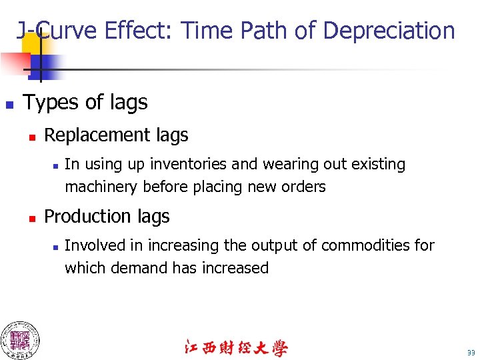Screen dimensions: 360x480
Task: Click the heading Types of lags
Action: pos(85,102)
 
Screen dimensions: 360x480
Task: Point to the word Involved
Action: pos(94,245)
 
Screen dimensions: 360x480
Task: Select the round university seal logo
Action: pos(19,340)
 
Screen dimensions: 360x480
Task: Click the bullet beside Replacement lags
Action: pos(31,137)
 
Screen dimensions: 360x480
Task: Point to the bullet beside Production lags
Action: pos(31,218)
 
